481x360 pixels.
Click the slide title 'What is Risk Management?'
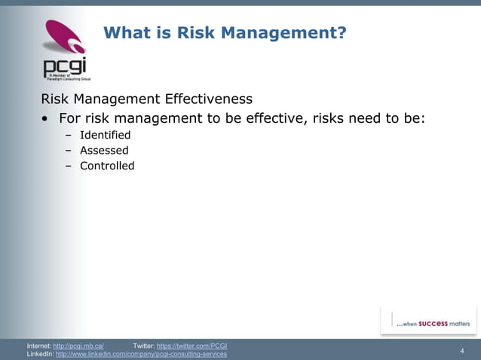click(x=224, y=32)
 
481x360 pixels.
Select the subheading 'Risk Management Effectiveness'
click(x=146, y=99)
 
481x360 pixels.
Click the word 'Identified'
click(x=105, y=135)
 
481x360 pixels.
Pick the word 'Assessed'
click(x=104, y=151)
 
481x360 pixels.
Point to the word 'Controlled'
click(x=107, y=166)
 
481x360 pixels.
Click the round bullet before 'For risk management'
click(x=47, y=119)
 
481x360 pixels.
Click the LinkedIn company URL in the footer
click(x=141, y=354)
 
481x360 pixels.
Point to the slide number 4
click(x=461, y=350)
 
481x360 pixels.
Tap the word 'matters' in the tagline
click(x=459, y=323)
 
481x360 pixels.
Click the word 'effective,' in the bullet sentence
click(x=268, y=118)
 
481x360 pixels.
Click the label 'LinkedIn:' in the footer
click(x=39, y=354)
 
